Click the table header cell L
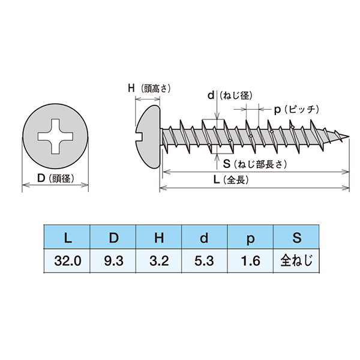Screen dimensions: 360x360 (67, 237)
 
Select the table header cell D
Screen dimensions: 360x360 (113, 237)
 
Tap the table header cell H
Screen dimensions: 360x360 (158, 237)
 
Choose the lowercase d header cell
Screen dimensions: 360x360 (205, 237)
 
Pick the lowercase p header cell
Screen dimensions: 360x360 (250, 237)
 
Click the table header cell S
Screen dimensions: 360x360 (296, 237)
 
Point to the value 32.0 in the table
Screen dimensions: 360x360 (67, 261)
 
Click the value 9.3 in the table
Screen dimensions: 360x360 (113, 261)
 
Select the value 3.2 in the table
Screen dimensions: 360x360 (159, 261)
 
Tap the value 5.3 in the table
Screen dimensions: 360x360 (204, 261)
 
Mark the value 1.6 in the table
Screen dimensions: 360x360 (250, 261)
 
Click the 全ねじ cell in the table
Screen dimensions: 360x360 (296, 261)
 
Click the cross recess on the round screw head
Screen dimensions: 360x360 (55, 136)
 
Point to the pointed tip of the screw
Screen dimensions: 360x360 (349, 137)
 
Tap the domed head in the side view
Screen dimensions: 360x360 (148, 137)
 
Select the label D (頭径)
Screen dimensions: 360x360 (56, 178)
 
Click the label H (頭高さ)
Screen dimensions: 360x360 (149, 88)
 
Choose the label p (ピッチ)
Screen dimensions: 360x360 (296, 110)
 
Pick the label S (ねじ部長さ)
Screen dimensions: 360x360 (255, 164)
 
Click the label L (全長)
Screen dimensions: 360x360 (231, 180)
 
